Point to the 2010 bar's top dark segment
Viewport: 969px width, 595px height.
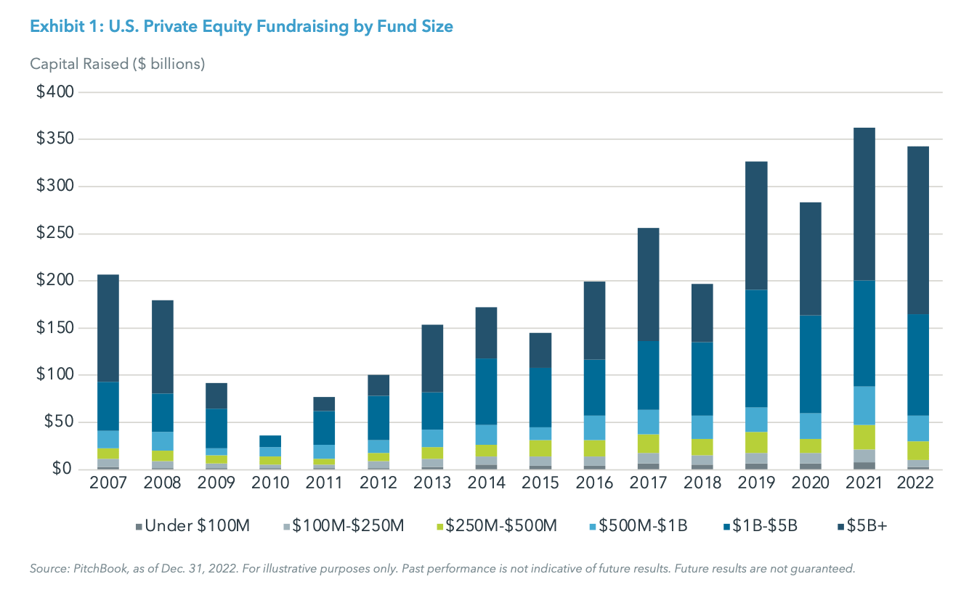[269, 441]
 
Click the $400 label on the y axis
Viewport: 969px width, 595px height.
[55, 92]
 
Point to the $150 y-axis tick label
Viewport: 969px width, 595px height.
[55, 328]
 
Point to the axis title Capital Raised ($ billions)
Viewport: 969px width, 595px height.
[118, 64]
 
